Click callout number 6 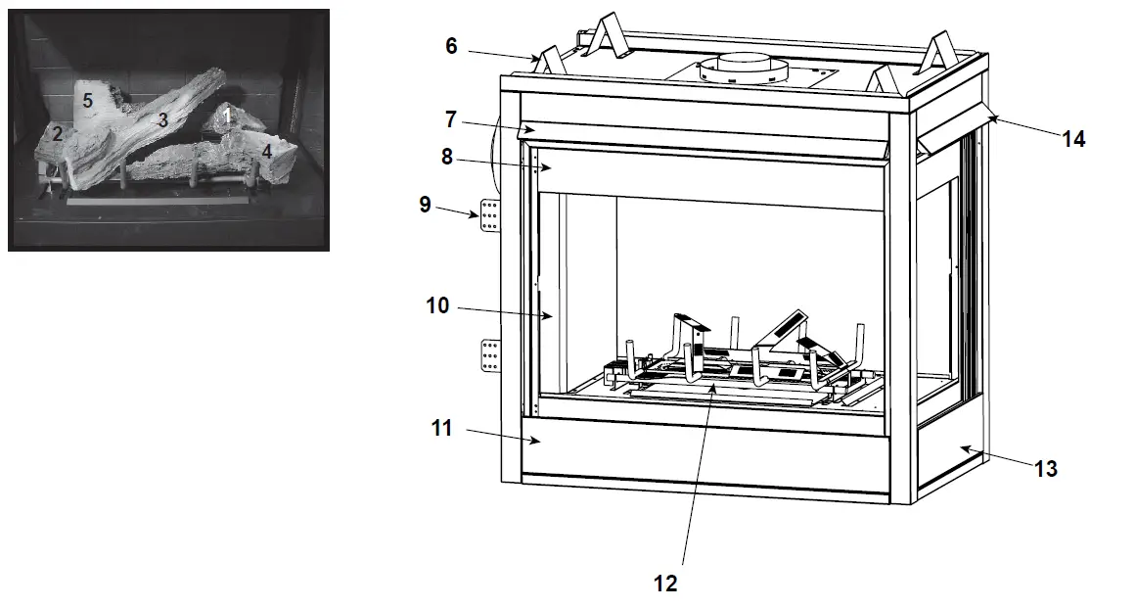(x=451, y=45)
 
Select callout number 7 (x=451, y=119)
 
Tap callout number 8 (x=447, y=157)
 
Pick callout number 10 (x=437, y=306)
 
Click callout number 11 (x=441, y=428)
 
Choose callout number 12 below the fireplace (x=664, y=584)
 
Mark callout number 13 (x=1046, y=469)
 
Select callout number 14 (x=1073, y=140)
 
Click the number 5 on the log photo (x=87, y=100)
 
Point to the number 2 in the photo (x=58, y=134)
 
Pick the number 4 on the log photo (x=266, y=152)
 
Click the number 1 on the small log (x=227, y=116)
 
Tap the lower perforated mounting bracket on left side (x=490, y=354)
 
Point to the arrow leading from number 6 (x=504, y=55)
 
